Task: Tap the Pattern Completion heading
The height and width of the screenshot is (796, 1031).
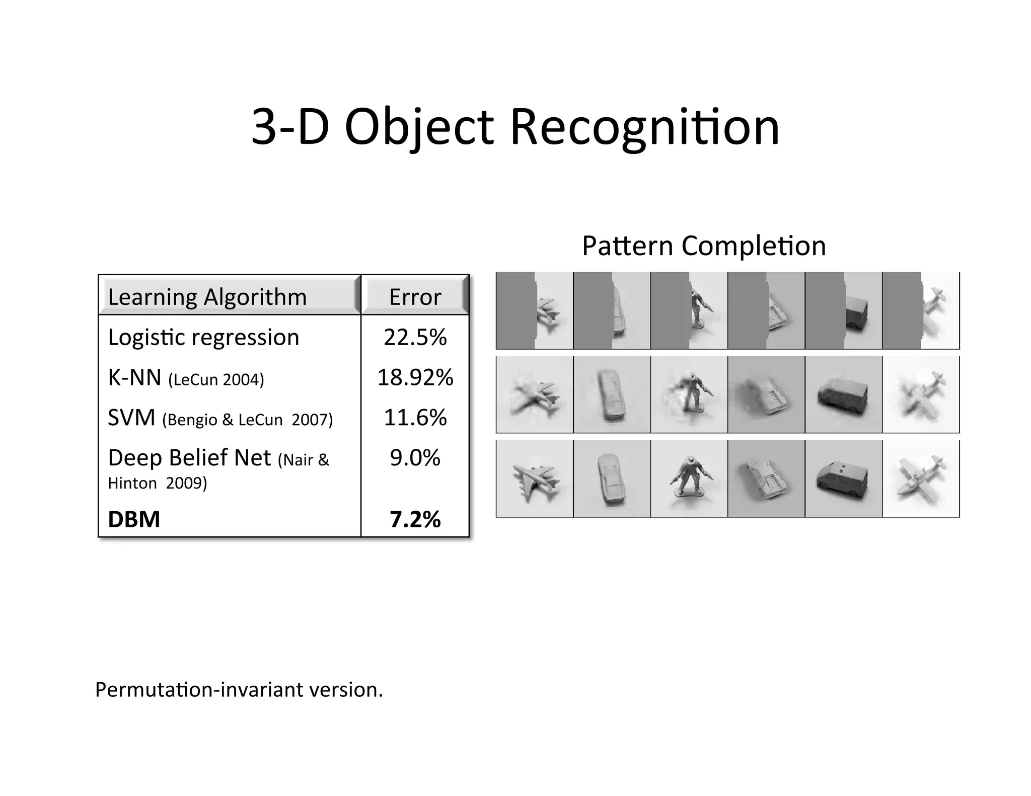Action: coord(704,246)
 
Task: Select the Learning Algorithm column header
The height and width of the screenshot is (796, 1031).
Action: coord(207,297)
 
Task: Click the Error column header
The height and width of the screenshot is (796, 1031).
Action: coord(415,297)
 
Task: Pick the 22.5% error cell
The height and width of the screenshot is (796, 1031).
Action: coord(415,337)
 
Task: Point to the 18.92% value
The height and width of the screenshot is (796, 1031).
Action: coord(415,377)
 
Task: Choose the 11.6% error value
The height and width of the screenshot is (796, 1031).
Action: coord(415,418)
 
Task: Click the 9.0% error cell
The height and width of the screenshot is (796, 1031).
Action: coord(415,458)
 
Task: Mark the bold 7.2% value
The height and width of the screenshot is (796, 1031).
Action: coord(415,519)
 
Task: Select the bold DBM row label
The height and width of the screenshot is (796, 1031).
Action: coord(134,519)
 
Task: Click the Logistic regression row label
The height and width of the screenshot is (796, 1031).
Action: coord(203,337)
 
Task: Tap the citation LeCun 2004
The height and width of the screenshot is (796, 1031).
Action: coord(216,379)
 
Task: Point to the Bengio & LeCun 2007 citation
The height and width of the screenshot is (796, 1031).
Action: coord(247,420)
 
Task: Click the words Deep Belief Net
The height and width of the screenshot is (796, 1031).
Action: coord(189,458)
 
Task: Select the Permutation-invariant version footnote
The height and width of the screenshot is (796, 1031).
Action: coord(239,689)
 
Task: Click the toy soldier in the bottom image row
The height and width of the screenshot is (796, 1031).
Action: coord(688,478)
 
